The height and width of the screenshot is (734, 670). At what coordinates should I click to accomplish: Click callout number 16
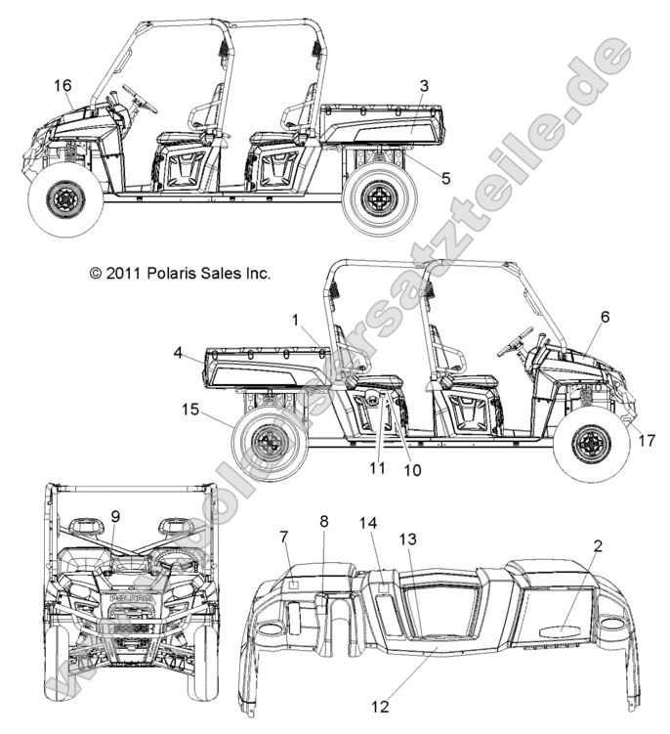click(63, 87)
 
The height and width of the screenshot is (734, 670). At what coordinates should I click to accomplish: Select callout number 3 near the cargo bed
click(423, 86)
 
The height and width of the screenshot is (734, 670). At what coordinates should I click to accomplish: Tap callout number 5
click(419, 178)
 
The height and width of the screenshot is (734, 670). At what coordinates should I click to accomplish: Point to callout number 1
click(296, 320)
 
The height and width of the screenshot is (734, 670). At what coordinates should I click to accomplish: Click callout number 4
click(179, 351)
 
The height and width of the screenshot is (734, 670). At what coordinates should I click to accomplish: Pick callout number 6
click(605, 317)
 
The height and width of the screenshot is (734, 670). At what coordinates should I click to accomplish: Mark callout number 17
click(646, 441)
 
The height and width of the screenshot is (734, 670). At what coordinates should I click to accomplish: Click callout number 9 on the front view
click(114, 516)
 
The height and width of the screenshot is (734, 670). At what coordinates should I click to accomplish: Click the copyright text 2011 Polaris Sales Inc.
click(180, 275)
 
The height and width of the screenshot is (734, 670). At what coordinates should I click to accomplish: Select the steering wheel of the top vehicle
click(139, 99)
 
